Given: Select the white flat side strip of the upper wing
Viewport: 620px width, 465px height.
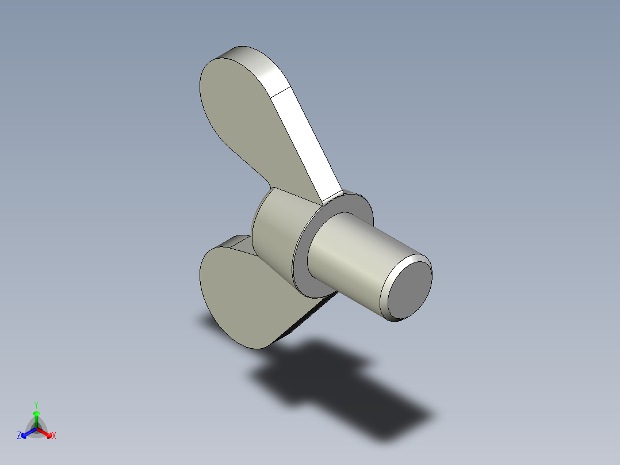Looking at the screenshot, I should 308,144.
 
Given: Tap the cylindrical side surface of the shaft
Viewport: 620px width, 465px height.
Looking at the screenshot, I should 351,259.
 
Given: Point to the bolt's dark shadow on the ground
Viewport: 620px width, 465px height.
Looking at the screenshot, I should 339,391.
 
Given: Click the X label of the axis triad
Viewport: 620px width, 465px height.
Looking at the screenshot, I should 54,436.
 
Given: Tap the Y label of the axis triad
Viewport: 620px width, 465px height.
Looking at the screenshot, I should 36,405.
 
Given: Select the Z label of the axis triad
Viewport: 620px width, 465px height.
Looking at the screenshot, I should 19,436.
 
